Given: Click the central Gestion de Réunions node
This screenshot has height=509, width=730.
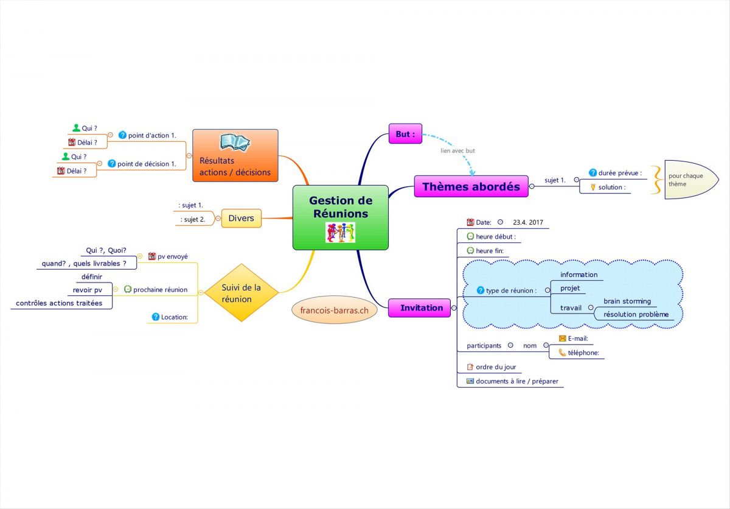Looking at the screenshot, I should tap(340, 207).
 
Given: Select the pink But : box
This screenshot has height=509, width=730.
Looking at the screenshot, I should tap(405, 133).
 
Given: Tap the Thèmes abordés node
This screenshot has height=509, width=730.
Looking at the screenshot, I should tap(471, 186).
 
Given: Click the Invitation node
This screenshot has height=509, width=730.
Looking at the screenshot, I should tap(421, 307).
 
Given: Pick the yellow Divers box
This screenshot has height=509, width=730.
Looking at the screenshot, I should tap(241, 218).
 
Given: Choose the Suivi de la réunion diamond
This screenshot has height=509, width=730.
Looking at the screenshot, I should tap(241, 293).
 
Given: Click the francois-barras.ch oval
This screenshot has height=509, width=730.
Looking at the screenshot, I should tap(335, 310).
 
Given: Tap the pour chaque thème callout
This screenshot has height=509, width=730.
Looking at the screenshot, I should tap(686, 180).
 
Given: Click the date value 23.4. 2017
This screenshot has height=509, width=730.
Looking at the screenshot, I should tap(528, 222).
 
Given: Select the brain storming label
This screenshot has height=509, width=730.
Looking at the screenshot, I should tap(627, 301).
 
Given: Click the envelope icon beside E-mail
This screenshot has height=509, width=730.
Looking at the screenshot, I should tap(562, 339).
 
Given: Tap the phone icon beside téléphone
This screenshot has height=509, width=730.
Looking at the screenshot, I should tap(562, 352).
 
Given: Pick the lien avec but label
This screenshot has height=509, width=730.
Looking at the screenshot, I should tap(457, 150).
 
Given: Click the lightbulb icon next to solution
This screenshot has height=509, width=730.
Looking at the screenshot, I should tap(593, 187).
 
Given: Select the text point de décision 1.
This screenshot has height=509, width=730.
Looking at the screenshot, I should tap(147, 164).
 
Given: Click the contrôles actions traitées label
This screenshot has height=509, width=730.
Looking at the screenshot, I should tap(59, 303).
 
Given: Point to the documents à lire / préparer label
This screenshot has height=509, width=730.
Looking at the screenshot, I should tap(516, 381).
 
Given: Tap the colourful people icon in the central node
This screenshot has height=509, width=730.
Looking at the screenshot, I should tap(340, 233).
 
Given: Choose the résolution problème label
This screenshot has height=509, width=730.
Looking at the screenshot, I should tap(636, 314).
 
